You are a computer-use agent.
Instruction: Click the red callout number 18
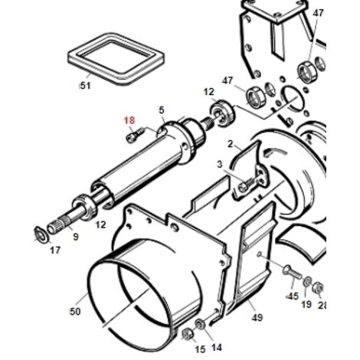tap(129, 120)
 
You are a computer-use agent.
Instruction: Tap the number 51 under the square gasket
tap(86, 86)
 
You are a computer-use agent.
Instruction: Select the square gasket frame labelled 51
tap(116, 59)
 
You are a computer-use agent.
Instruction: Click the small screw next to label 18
tap(135, 134)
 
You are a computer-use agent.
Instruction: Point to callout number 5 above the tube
tap(162, 110)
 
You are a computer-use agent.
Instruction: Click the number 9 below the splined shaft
tap(76, 237)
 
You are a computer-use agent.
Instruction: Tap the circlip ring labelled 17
tap(41, 234)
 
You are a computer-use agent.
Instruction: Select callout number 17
tap(55, 250)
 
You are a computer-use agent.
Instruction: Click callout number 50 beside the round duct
tap(75, 311)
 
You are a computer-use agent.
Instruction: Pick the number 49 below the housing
tap(257, 317)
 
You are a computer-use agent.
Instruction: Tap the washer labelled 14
tap(199, 325)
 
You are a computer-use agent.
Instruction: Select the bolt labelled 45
tap(292, 273)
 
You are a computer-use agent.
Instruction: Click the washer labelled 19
tap(307, 282)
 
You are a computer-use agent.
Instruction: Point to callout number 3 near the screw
tap(220, 165)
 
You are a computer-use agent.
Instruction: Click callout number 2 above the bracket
tap(231, 144)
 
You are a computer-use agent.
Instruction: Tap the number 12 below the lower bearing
tap(100, 224)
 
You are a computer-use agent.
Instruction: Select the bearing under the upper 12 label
tap(221, 113)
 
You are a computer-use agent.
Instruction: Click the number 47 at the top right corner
tap(318, 13)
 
